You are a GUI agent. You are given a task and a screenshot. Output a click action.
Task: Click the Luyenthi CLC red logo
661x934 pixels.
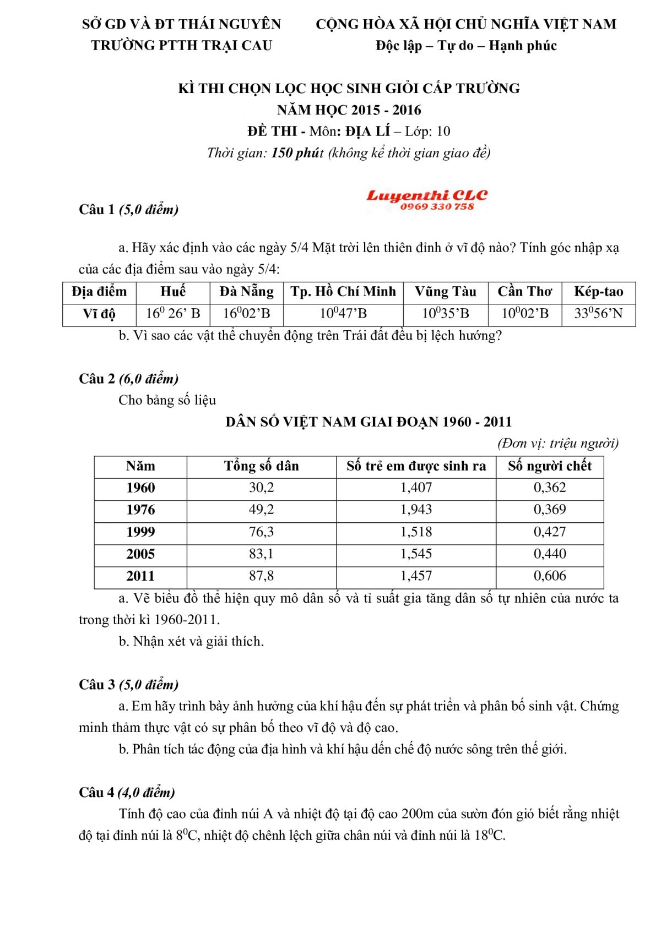(x=427, y=195)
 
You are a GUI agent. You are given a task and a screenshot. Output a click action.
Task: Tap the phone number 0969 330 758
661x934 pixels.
(x=437, y=207)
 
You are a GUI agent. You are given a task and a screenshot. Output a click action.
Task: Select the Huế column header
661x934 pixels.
(x=173, y=292)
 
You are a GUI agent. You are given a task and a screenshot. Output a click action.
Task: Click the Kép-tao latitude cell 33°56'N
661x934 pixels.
(x=598, y=314)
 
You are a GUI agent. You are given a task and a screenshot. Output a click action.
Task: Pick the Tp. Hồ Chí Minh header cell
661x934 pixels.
(x=343, y=292)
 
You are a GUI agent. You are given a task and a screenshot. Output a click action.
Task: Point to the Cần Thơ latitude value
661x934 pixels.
(x=525, y=314)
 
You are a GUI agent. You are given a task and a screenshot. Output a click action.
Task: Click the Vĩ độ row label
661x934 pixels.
(x=99, y=314)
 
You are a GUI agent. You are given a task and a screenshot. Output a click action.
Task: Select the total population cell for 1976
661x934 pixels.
(x=261, y=510)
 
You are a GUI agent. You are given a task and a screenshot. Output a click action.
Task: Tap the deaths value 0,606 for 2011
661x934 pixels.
(x=550, y=576)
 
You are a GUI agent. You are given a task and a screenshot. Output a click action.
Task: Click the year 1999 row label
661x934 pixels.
(x=140, y=532)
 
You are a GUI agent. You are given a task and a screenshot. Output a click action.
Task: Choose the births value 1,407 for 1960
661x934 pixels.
(x=416, y=488)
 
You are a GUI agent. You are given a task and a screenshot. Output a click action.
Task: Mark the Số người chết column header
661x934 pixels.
(x=550, y=466)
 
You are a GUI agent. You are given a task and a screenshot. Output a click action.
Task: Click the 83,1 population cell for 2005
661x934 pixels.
(x=261, y=554)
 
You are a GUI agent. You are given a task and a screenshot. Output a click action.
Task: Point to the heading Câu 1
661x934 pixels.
(x=97, y=210)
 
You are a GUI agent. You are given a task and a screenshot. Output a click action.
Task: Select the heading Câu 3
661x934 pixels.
(x=97, y=685)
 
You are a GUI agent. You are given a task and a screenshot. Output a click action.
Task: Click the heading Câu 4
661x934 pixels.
(x=97, y=793)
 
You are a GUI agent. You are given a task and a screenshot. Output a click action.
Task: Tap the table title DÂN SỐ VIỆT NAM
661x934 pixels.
(x=369, y=422)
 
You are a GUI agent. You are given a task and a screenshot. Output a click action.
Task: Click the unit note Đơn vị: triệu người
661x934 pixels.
(x=557, y=444)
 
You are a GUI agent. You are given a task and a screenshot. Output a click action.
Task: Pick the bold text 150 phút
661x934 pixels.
(x=296, y=153)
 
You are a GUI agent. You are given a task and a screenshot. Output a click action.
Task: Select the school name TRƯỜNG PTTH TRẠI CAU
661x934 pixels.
(x=182, y=46)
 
